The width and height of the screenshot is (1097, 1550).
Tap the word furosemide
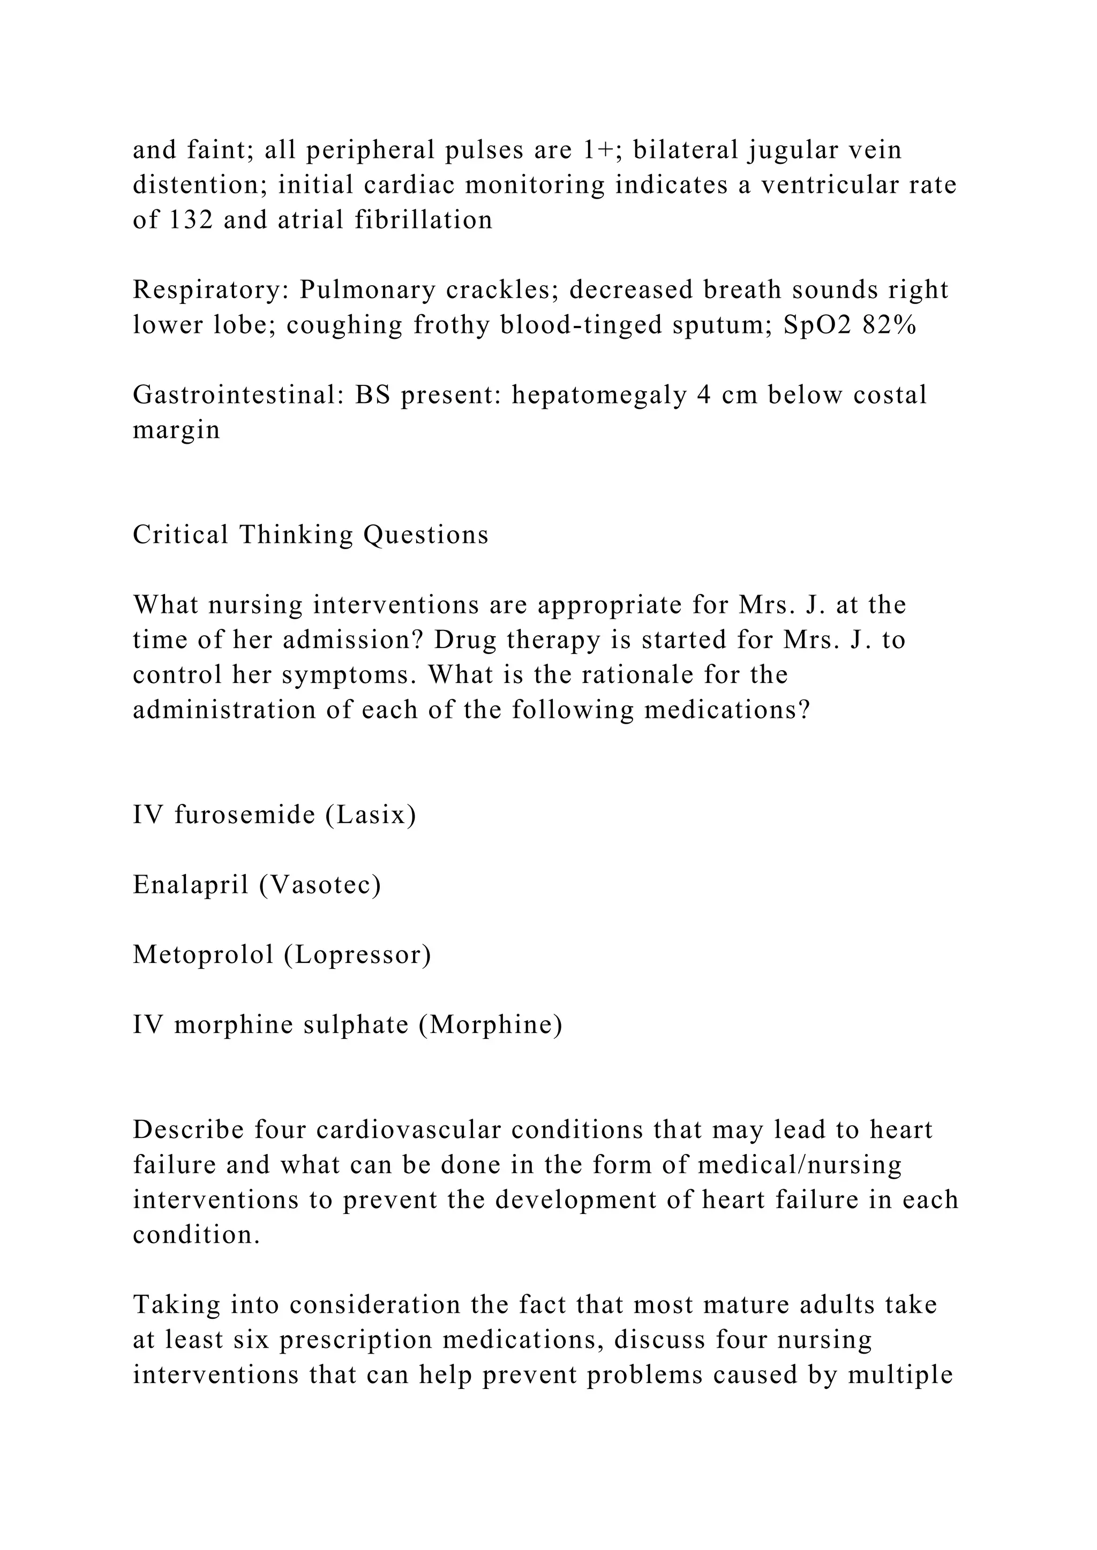point(245,816)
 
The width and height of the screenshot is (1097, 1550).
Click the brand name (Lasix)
point(371,816)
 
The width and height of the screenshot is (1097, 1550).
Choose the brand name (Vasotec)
point(320,885)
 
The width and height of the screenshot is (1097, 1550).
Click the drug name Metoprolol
point(202,955)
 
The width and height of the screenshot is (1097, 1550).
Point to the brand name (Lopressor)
point(357,955)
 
